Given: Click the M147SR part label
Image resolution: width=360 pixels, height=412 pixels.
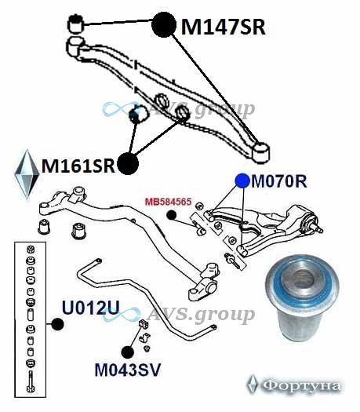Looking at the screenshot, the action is point(224,27).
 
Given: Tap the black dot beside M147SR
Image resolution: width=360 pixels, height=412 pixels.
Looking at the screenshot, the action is point(164,24).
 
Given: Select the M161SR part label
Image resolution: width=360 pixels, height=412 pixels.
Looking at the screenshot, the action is point(78,166).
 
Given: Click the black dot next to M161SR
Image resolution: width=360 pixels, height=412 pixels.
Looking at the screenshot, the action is point(128,163).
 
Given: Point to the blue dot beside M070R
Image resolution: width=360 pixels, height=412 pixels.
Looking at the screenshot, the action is point(242,181).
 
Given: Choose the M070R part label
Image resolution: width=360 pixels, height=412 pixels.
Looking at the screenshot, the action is point(279,181).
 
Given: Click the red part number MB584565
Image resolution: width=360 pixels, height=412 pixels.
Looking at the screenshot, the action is point(169,202).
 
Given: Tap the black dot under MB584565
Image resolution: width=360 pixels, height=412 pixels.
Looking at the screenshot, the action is point(171,215).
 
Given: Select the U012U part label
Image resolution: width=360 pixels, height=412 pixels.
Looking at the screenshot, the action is point(91,308).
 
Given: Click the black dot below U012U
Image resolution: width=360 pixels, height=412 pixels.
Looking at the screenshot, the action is point(57,324).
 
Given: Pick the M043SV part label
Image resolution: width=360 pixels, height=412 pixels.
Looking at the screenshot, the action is point(127,370).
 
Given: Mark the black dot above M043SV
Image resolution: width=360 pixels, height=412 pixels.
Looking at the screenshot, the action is point(128,352).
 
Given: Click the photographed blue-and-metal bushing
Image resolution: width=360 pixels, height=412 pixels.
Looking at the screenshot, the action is point(302,297).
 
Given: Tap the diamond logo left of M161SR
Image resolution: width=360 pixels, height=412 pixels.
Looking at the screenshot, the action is point(27,174).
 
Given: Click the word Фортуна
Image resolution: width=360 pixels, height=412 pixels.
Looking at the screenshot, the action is point(301,385).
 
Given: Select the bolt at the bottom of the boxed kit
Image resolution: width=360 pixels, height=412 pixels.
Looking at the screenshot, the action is point(31,381).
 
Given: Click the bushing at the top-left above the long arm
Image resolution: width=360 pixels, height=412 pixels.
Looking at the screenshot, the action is point(75,24).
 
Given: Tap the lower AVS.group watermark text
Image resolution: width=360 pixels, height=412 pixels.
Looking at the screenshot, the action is point(201,314).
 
